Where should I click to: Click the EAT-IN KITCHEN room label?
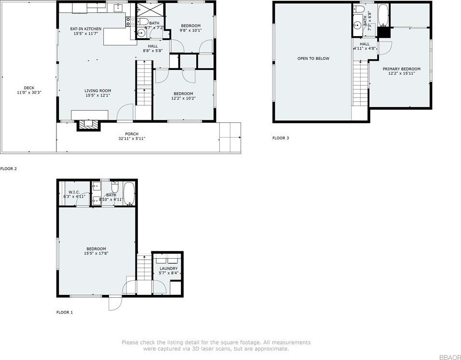[x=86, y=29]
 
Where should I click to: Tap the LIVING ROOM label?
[x=98, y=91]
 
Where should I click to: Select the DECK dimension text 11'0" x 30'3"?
[x=29, y=92]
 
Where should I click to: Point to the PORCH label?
[x=132, y=134]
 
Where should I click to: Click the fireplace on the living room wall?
[x=90, y=125]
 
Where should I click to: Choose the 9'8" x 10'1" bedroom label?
[x=190, y=26]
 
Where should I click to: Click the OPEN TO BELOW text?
[x=313, y=58]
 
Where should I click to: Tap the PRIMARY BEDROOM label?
[x=401, y=69]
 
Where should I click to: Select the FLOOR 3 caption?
[x=281, y=138]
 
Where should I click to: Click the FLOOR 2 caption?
[x=8, y=169]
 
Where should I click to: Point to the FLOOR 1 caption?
[x=65, y=312]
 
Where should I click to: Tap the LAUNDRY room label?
[x=168, y=268]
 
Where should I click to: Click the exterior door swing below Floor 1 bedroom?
[x=114, y=304]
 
